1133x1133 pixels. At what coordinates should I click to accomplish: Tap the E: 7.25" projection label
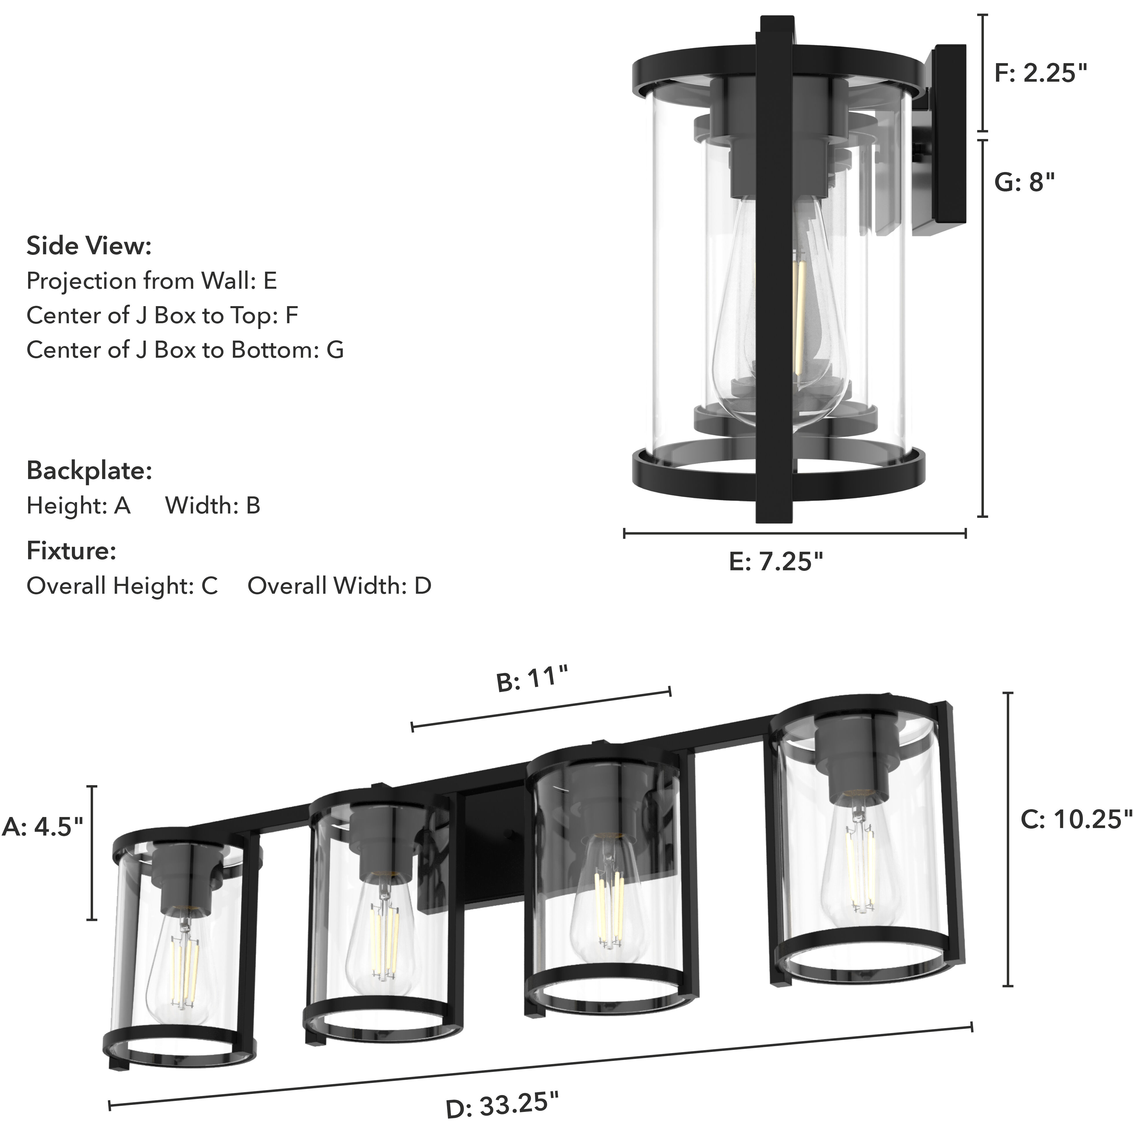(x=776, y=562)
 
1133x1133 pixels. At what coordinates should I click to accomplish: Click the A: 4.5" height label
(x=43, y=827)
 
